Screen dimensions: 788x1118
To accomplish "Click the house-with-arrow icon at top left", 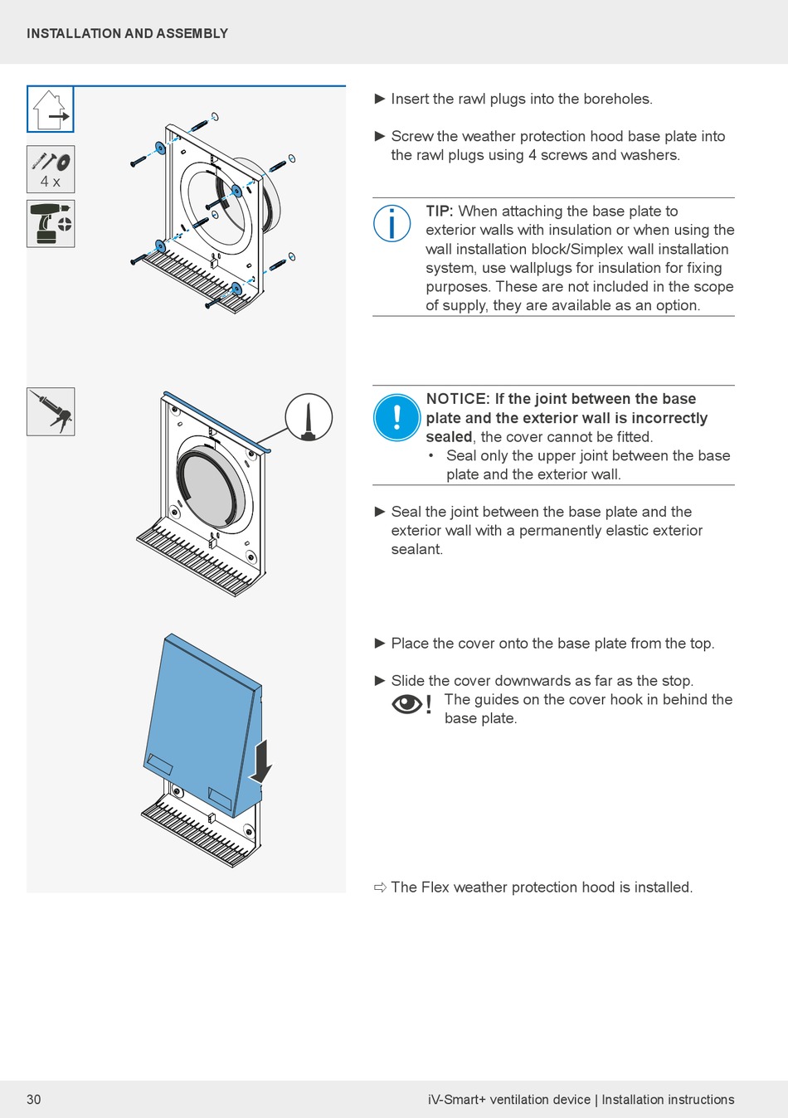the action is click(51, 109).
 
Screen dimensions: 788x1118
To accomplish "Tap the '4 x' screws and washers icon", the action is click(51, 169).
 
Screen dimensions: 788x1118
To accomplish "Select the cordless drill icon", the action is click(51, 223).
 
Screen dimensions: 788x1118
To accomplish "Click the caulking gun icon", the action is click(51, 411).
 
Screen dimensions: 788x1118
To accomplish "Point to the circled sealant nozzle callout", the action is click(309, 417).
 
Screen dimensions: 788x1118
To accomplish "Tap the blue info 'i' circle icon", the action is click(392, 223).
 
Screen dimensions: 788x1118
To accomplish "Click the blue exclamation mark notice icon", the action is click(397, 417).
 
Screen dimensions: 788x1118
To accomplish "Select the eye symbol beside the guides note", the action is click(406, 704).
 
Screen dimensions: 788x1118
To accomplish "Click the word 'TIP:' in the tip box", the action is click(440, 211).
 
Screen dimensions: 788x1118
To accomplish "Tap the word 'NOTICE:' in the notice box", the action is click(457, 399).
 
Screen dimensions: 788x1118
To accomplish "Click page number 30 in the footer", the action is click(34, 1100).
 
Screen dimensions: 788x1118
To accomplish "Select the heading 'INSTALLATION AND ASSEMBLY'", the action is click(127, 34).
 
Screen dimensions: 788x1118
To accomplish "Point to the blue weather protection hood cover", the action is click(199, 713).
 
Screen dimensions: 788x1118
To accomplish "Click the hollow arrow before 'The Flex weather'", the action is click(380, 887).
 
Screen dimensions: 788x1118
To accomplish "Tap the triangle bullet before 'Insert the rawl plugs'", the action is click(380, 99).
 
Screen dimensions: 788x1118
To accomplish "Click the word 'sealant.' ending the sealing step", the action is click(417, 549).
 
